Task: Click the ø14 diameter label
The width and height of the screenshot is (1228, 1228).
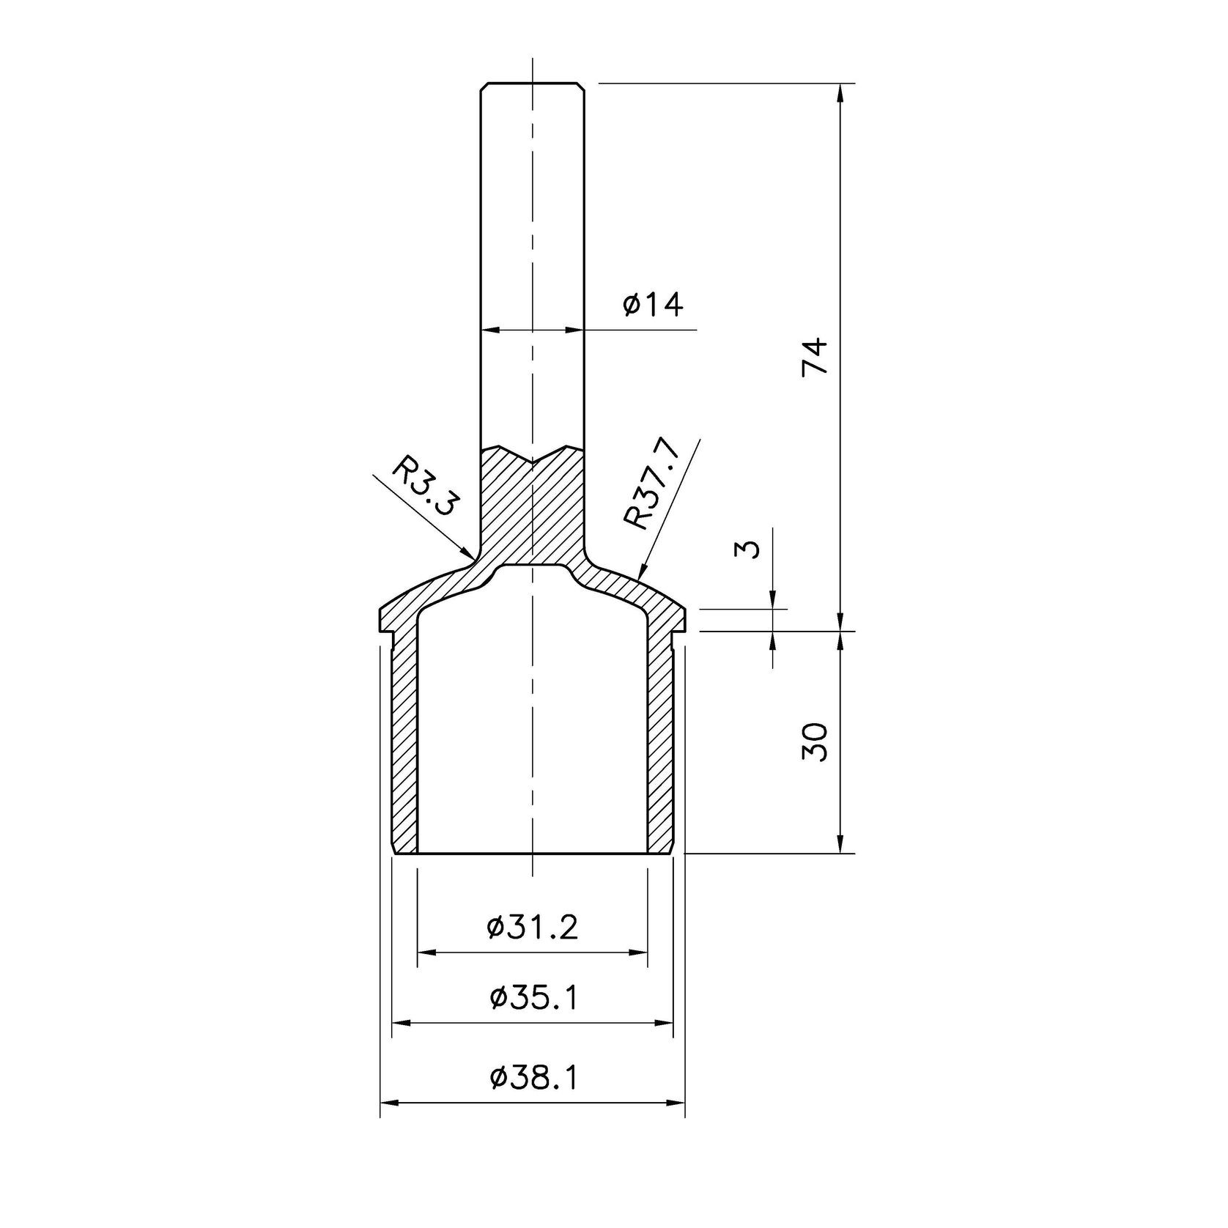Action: point(653,304)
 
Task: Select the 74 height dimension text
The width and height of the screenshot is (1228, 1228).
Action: point(815,356)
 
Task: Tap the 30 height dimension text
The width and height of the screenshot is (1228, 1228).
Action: point(815,741)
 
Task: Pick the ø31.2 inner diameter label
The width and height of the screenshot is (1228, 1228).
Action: point(533,928)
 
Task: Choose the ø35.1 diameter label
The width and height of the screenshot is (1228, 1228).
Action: point(533,997)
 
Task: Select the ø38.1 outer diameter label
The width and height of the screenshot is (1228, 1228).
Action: point(533,1077)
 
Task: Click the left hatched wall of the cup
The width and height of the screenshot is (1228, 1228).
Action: point(404,740)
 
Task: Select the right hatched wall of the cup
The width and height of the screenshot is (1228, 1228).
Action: point(660,740)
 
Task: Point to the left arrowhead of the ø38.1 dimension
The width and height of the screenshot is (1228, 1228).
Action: point(383,1102)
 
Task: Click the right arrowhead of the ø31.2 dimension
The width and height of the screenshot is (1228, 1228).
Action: point(646,953)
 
